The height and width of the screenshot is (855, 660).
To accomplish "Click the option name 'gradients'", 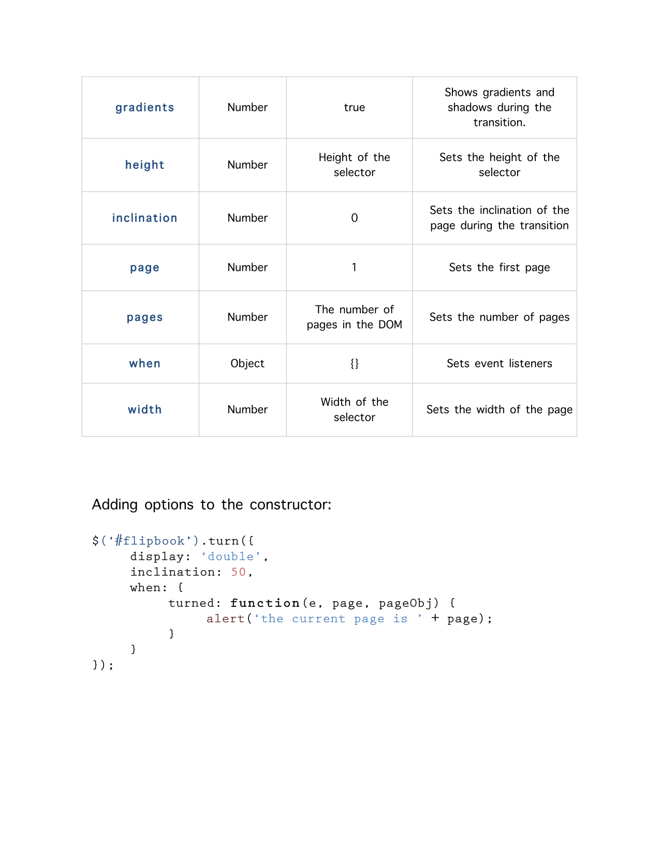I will (144, 108).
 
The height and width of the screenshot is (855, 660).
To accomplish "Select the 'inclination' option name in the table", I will (144, 218).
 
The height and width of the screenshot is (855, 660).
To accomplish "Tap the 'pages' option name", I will (144, 317).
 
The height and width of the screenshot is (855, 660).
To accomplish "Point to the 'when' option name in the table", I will (144, 364).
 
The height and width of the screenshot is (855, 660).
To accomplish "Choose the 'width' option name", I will (144, 410).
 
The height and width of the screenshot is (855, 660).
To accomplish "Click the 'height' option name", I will (144, 165).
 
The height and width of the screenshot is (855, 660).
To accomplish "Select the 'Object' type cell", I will (247, 364).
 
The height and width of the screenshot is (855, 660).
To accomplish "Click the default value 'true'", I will (354, 108).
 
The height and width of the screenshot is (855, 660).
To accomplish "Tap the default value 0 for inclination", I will (354, 218).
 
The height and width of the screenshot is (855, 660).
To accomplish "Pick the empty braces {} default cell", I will (354, 364).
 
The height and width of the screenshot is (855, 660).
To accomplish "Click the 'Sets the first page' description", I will (499, 268).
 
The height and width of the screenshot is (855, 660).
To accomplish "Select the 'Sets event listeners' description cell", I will (499, 364).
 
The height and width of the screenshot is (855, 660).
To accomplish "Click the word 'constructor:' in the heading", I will (290, 504).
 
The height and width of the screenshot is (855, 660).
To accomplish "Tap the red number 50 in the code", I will (238, 572).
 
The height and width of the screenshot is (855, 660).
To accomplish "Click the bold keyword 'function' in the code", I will (265, 603).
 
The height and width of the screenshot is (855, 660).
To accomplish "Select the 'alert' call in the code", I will (225, 619).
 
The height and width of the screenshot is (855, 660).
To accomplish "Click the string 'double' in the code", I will (231, 557).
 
